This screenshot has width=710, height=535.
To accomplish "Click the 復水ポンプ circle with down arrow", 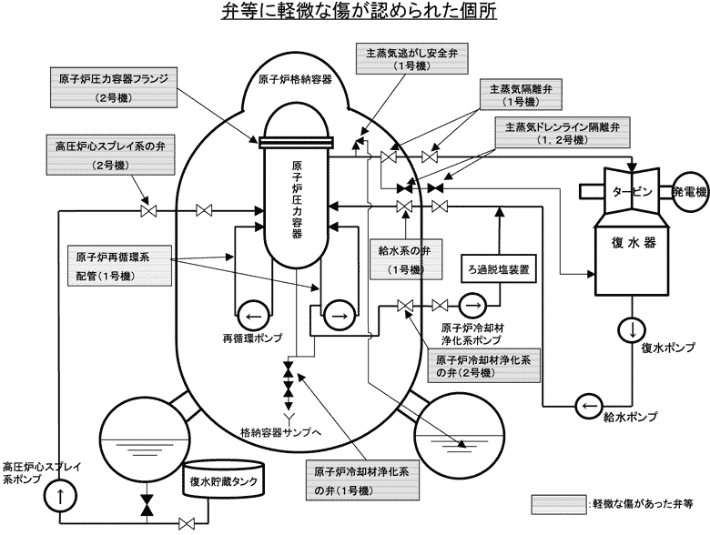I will [x=628, y=329].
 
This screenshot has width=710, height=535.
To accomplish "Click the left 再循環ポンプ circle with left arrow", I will [x=252, y=317].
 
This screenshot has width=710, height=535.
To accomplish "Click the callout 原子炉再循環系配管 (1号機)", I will [x=122, y=265].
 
